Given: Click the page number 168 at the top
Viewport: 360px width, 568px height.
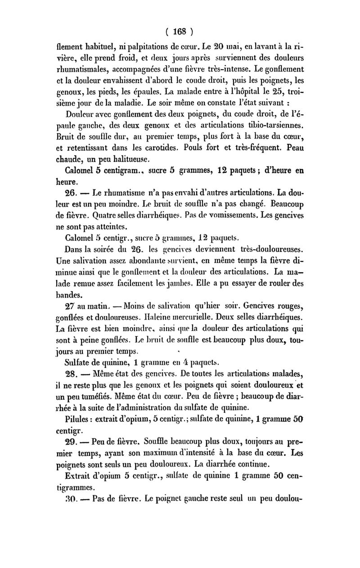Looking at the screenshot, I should coord(179,32).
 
